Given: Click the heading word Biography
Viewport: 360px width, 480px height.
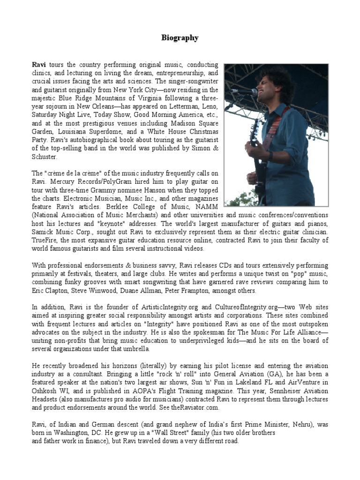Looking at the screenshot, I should pos(180,38).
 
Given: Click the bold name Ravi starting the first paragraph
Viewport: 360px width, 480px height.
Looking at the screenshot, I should pos(39,64).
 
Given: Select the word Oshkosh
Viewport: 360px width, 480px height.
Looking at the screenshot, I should pos(47,391).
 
